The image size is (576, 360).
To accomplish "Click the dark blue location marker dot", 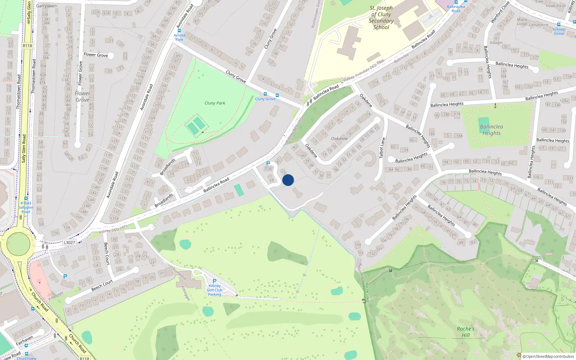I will tap(288, 180).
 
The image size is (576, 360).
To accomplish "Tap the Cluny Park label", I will tap(215, 103).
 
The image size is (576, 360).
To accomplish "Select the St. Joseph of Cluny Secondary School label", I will tap(381, 18).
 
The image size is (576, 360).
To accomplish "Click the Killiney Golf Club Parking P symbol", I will tap(215, 281).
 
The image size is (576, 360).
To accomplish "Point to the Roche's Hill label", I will tap(465, 332).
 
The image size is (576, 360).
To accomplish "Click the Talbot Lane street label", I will tap(382, 148).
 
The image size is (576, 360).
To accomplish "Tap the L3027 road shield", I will tap(69, 242).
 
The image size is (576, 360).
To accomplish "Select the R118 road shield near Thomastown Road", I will tap(27, 46).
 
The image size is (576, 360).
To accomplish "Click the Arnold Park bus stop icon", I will tap(179, 31).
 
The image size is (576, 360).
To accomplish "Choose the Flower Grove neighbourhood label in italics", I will tap(82, 96).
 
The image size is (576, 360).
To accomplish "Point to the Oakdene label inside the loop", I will tap(339, 139).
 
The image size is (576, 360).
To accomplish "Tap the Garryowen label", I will tap(46, 6).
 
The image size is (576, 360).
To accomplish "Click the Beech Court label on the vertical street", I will tap(106, 254).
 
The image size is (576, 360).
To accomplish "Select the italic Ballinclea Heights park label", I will tap(491, 130).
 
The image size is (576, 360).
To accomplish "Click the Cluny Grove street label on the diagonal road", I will tap(236, 76).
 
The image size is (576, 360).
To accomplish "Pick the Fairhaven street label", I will tap(24, 341).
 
